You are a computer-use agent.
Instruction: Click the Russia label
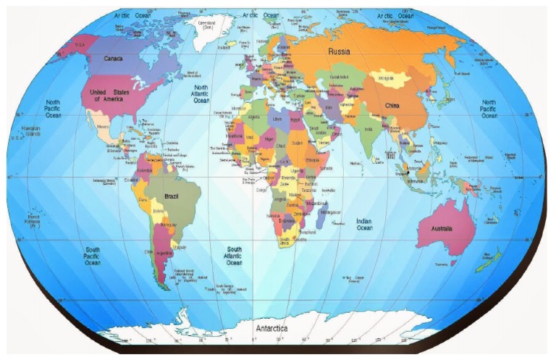[340, 51]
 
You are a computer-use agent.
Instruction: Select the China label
[392, 106]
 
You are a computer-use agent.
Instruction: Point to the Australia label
[442, 228]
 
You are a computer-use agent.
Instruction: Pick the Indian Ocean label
[363, 224]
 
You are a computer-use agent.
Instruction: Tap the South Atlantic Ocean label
[234, 256]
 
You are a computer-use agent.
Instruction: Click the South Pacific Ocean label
[92, 256]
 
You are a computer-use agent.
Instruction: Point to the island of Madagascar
[330, 212]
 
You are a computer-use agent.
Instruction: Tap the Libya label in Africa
[277, 118]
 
